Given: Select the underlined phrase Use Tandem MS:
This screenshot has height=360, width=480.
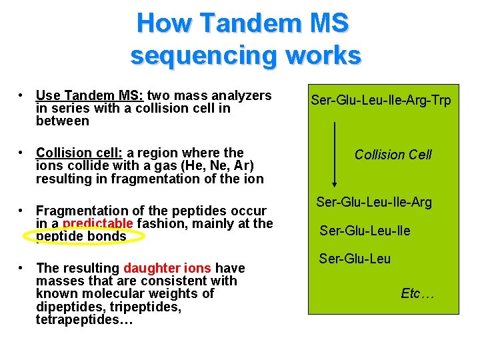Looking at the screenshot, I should pos(90,96).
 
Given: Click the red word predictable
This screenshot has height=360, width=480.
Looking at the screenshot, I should pos(98,223).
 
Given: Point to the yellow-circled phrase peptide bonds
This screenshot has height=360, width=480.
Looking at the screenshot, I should pos(81,236).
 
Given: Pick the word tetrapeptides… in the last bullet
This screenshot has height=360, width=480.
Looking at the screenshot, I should pos(85,320).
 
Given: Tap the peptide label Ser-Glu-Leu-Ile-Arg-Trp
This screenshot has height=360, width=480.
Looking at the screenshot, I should pos(381,101).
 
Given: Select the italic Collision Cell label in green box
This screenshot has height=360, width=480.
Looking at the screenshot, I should pos(393,155).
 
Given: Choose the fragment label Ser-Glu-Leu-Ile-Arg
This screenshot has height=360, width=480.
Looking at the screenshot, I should pos(373,202).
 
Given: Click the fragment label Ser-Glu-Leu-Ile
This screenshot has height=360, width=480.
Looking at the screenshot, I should pos(365,231).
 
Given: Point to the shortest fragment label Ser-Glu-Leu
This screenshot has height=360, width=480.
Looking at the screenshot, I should pos(355,259).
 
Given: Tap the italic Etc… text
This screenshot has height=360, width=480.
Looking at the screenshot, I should pos(417,293).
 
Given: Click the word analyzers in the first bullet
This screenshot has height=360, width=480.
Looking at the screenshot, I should pos(241,96).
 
